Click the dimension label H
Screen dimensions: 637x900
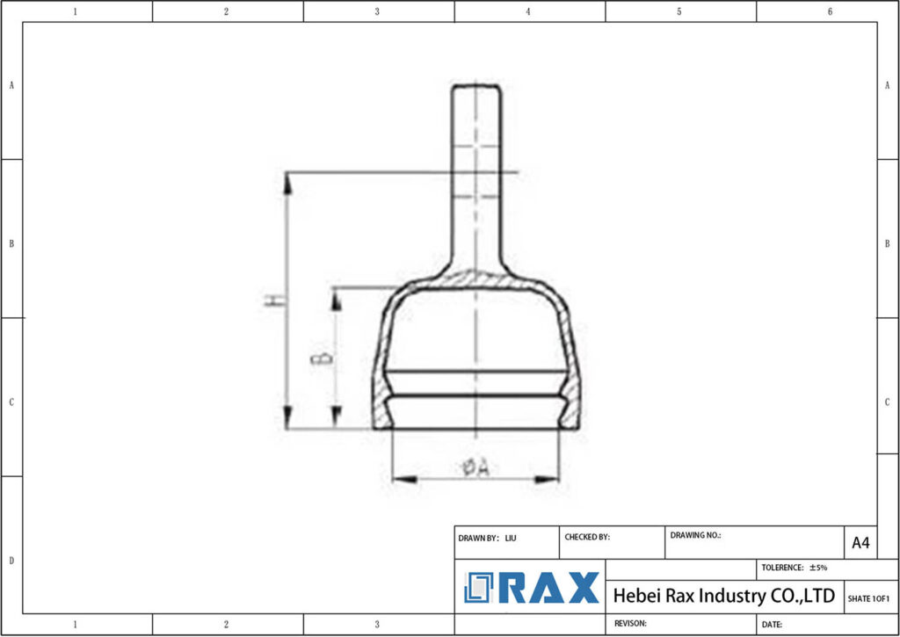(x=275, y=300)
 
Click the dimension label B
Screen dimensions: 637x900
(x=323, y=358)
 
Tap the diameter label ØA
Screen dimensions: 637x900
(x=475, y=467)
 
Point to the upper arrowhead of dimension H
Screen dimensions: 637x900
(x=287, y=180)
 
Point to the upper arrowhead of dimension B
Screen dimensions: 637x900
(x=335, y=295)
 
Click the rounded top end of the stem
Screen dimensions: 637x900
(x=476, y=87)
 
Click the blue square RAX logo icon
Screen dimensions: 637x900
(x=480, y=588)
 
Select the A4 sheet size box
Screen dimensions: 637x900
(x=860, y=543)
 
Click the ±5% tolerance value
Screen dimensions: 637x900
(x=817, y=568)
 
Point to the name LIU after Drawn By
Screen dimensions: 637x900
(x=511, y=537)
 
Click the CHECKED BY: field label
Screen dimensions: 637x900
(x=586, y=536)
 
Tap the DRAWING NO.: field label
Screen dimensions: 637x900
(x=695, y=534)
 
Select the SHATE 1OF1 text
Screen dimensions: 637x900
(x=868, y=598)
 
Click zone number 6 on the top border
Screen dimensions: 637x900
(x=830, y=11)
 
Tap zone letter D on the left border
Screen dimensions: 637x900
(x=11, y=560)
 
